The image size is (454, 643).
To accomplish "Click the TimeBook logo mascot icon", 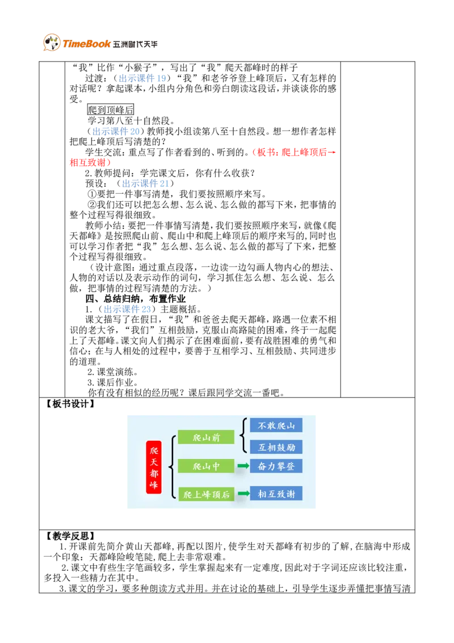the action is pos(52,42).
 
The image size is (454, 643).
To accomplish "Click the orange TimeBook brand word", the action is pos(86,44).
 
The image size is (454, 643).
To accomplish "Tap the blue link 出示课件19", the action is pos(142,78).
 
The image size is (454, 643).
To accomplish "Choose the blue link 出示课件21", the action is pos(145,183).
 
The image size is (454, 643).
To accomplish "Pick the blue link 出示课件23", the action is pos(128,309).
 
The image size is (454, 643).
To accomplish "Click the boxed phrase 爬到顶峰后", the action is pos(111,110).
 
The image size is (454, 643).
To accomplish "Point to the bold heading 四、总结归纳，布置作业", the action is pos(136,299).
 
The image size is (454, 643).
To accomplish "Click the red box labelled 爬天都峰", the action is pos(154,467).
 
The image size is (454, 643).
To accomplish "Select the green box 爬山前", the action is pos(206,437).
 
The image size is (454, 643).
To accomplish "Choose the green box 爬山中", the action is pos(206,466).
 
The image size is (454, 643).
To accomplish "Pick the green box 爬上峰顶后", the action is pos(206,494).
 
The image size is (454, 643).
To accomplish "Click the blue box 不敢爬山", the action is pos(276,425).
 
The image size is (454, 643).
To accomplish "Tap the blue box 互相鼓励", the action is pos(276,447).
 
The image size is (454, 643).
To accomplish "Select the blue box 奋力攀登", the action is pos(276,466).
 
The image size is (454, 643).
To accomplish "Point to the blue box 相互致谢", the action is pos(276,494).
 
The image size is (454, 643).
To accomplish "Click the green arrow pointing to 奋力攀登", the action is pos(243,466).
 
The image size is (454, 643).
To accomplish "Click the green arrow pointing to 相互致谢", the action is pos(243,493).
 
